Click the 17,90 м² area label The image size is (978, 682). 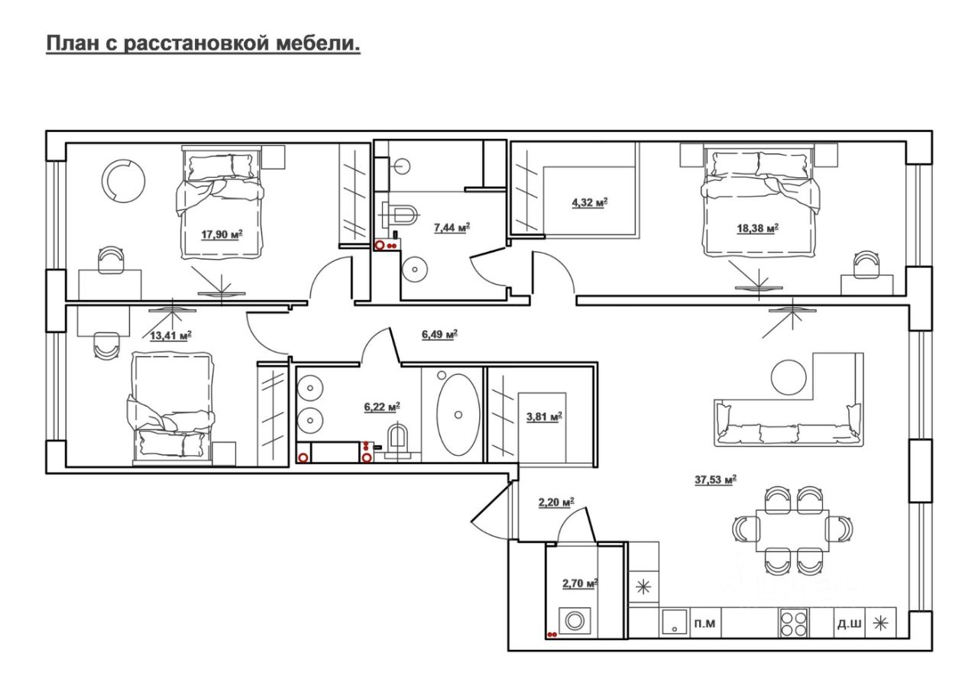click(221, 234)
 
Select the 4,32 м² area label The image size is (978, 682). click(588, 203)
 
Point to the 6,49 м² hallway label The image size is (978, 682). click(439, 334)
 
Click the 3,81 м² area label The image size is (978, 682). click(544, 416)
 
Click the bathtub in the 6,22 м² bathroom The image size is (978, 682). click(458, 415)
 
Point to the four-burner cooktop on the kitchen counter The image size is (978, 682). click(793, 623)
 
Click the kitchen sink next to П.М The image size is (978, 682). click(674, 623)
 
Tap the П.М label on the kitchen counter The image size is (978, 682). click(704, 624)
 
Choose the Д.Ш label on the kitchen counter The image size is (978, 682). click(850, 624)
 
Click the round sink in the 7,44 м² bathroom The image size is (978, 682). click(413, 268)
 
